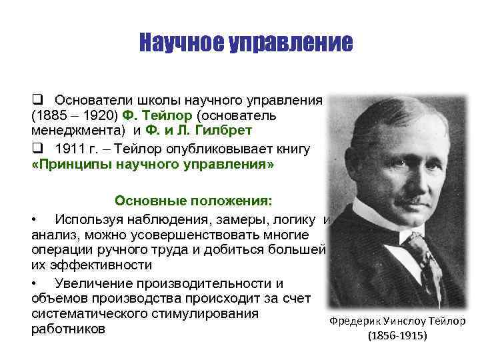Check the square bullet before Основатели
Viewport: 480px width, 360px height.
click(38, 99)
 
